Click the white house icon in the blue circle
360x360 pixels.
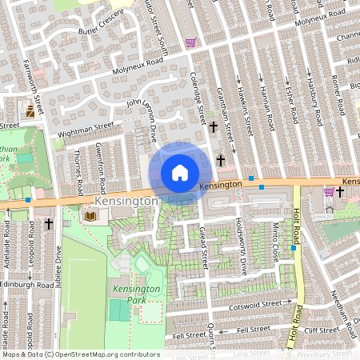click(x=180, y=173)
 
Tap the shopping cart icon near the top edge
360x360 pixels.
click(x=190, y=42)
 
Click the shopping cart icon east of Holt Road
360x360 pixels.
click(x=328, y=191)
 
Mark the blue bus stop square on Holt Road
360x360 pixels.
click(x=294, y=248)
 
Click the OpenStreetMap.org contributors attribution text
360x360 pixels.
click(x=108, y=354)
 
